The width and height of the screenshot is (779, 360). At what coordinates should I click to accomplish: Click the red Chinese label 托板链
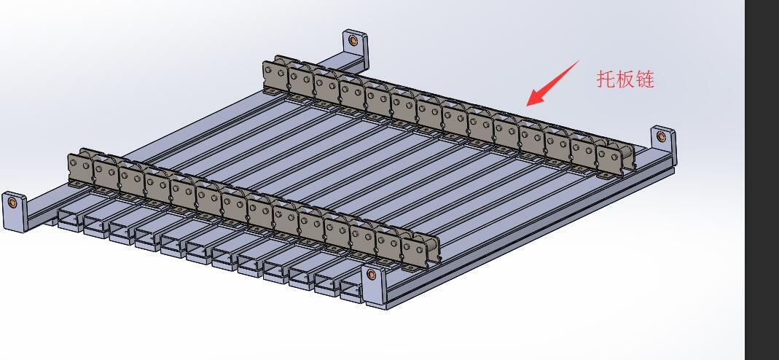point(625,79)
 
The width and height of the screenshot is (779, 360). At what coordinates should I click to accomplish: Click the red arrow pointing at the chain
point(552,83)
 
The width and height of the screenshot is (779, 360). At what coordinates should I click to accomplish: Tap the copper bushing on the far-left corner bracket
point(12,203)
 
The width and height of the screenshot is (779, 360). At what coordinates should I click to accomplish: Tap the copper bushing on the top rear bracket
point(353,40)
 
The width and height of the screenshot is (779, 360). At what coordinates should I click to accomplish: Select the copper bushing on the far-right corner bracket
point(661,136)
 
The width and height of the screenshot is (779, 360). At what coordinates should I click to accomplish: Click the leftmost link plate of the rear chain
point(275,77)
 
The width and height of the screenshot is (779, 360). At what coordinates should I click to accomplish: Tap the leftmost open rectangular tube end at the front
point(70,221)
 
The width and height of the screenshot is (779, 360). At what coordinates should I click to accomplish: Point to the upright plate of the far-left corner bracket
point(15,212)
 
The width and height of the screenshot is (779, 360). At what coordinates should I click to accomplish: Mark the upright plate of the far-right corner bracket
point(664,144)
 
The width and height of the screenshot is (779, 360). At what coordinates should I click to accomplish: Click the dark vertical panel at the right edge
point(762,180)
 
